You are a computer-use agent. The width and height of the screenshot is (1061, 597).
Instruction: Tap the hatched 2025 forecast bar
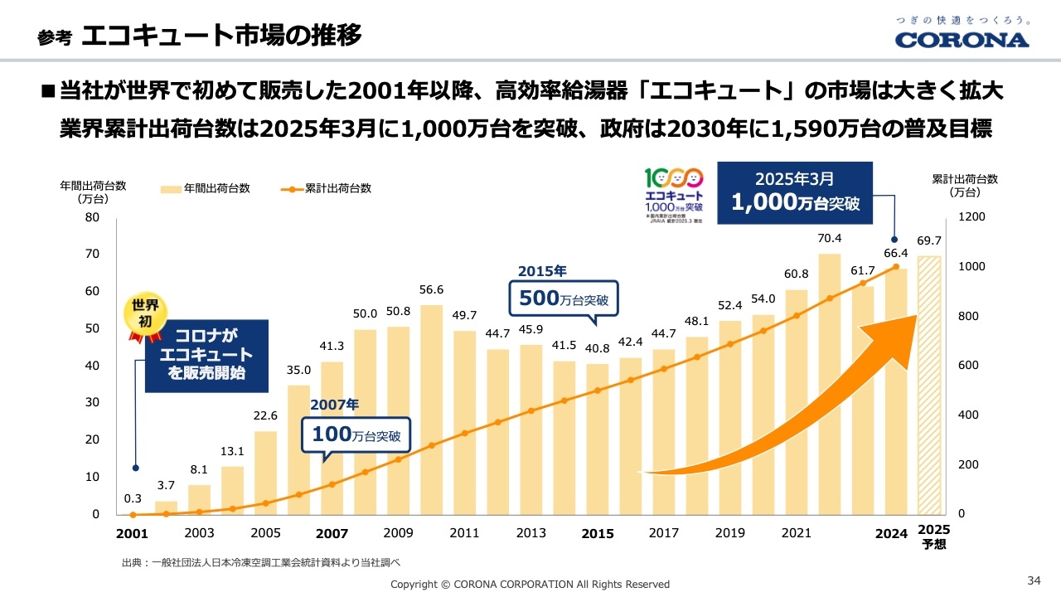click(x=929, y=385)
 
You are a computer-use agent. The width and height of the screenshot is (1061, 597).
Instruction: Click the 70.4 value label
click(x=829, y=239)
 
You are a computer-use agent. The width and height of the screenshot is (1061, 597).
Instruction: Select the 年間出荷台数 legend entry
click(x=206, y=188)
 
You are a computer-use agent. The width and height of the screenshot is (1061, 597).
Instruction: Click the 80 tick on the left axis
click(x=91, y=217)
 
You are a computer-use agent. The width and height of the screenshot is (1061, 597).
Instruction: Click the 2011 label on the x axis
click(x=464, y=533)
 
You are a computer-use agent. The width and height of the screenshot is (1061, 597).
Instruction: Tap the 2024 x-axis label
click(x=892, y=533)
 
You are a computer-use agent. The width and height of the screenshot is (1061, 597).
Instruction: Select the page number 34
click(x=1034, y=579)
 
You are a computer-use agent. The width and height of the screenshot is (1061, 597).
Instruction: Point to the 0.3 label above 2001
click(x=133, y=499)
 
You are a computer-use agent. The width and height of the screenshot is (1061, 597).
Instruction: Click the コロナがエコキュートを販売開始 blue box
click(x=206, y=355)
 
